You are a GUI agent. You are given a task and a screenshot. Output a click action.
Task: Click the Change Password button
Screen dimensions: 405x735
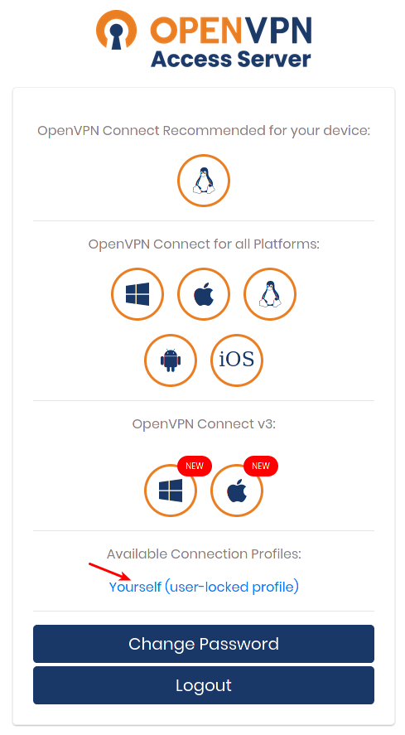tap(204, 644)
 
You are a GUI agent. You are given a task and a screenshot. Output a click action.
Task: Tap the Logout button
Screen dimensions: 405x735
tap(204, 685)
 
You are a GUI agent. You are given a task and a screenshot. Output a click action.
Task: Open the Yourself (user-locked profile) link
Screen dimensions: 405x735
tap(204, 587)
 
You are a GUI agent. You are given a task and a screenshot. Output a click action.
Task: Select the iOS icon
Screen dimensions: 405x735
tap(237, 360)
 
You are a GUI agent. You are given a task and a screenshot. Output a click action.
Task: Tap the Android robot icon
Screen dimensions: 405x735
tap(171, 360)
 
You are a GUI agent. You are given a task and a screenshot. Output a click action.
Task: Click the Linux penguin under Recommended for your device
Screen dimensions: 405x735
tap(204, 181)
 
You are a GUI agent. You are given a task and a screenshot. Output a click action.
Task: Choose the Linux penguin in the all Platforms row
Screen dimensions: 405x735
tap(269, 294)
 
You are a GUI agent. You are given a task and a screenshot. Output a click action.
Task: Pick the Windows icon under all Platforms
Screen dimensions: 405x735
tap(137, 294)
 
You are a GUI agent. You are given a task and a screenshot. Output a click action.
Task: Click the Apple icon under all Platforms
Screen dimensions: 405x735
tap(204, 294)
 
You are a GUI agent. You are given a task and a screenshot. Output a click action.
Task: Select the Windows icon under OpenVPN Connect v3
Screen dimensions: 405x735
tap(171, 491)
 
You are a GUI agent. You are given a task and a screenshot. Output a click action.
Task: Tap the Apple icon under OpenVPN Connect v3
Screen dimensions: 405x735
tap(237, 491)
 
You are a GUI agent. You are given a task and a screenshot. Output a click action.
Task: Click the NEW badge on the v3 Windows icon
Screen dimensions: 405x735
tap(195, 466)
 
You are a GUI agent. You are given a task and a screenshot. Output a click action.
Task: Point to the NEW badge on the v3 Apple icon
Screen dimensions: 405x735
tap(261, 466)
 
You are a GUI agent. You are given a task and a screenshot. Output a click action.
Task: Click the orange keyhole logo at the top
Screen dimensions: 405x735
tap(116, 30)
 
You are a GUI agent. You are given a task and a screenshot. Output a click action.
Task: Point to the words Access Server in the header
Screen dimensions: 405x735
tap(230, 60)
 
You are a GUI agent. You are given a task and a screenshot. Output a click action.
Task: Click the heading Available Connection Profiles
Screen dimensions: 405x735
tap(204, 554)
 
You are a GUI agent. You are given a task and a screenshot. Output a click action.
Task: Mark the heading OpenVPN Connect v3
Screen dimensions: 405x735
tap(204, 423)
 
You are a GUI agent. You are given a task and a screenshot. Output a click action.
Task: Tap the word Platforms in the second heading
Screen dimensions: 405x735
tap(286, 244)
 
